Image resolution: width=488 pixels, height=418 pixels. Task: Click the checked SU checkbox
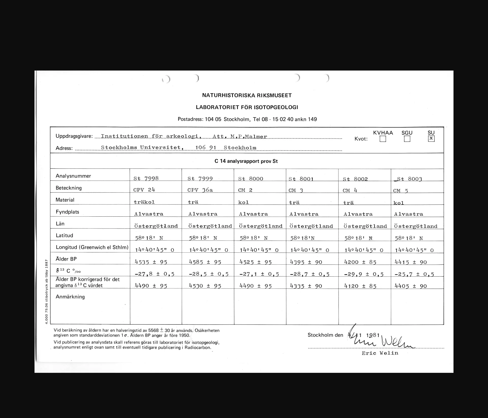point(431,139)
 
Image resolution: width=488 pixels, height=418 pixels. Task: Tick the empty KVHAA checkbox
point(383,139)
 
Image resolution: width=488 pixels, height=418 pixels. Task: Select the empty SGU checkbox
point(407,139)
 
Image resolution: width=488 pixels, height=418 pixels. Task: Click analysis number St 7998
point(146,179)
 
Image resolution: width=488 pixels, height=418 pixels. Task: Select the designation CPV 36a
point(200,190)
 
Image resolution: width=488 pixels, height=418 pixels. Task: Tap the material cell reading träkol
point(144,202)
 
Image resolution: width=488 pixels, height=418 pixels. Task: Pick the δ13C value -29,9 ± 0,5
point(364,274)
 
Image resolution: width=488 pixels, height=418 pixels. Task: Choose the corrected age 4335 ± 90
point(306,286)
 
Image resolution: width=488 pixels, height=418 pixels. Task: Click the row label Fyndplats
point(67,212)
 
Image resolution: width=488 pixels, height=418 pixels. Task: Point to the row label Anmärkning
point(70,297)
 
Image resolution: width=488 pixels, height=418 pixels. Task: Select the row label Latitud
point(64,235)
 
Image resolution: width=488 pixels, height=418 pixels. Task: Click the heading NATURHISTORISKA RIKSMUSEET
point(247,95)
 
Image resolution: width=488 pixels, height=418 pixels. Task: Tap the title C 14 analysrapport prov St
point(246,161)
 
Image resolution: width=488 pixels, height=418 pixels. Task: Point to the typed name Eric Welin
point(380,353)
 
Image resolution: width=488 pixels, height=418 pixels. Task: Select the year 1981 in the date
point(373,335)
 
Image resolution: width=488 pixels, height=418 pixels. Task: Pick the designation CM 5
point(401,191)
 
